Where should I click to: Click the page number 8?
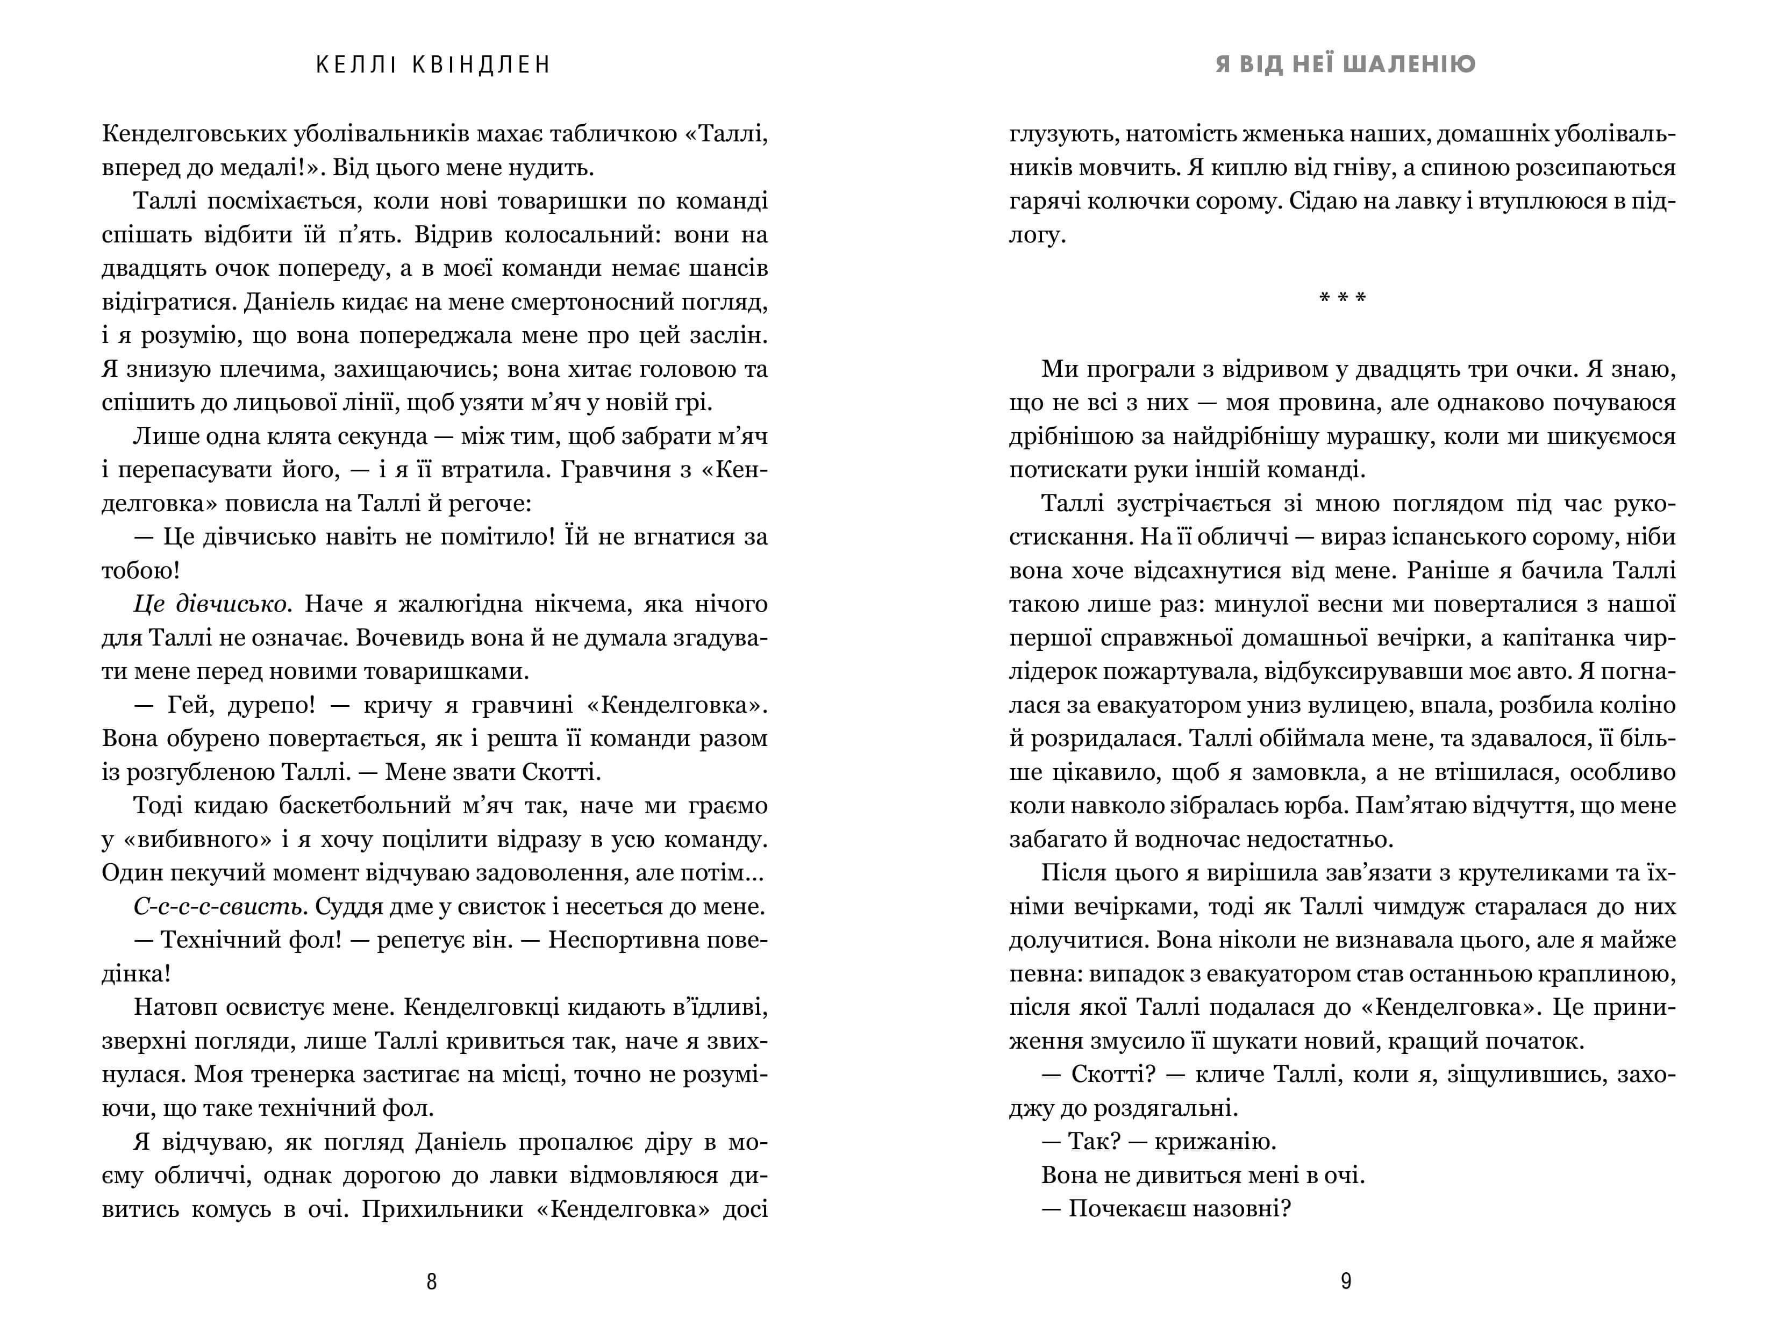point(432,1281)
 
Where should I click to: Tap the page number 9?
point(1346,1281)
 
